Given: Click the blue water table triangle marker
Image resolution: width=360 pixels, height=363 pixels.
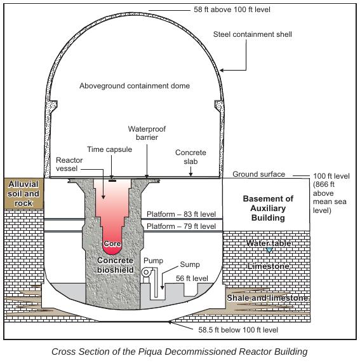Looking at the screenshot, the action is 269,250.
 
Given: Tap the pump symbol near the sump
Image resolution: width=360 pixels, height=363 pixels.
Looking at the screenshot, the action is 146,273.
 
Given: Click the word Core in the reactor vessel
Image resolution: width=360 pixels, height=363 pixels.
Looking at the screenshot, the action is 112,243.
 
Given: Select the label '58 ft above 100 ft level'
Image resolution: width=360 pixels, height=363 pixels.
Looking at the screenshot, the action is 232,10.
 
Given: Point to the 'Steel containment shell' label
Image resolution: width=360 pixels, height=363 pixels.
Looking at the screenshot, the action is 253,34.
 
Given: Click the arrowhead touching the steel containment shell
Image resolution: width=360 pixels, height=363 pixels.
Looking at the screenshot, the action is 222,70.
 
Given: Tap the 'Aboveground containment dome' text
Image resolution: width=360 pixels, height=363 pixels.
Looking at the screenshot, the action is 135,86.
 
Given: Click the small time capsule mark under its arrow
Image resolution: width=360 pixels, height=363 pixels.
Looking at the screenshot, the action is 112,181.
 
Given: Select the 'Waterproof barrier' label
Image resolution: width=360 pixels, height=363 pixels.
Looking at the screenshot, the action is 147,133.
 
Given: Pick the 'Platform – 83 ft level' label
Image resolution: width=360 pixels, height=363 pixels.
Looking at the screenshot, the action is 182,214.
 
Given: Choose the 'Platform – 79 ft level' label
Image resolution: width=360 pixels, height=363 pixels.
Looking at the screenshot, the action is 182,226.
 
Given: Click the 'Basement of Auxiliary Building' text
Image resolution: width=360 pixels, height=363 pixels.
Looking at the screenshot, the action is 268,208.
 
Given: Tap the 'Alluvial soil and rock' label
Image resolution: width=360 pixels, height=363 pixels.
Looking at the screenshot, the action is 23,193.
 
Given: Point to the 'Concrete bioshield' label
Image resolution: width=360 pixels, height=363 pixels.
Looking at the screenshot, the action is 116,265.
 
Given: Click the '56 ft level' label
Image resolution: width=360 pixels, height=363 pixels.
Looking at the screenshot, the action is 192,278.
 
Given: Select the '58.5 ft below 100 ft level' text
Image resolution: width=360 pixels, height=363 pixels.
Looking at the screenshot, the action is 238,330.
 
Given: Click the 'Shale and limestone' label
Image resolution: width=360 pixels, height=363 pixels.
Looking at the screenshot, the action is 268,298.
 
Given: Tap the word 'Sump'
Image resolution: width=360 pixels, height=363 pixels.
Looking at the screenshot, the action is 190,264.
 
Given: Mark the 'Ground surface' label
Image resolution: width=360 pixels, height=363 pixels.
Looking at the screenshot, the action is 258,174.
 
